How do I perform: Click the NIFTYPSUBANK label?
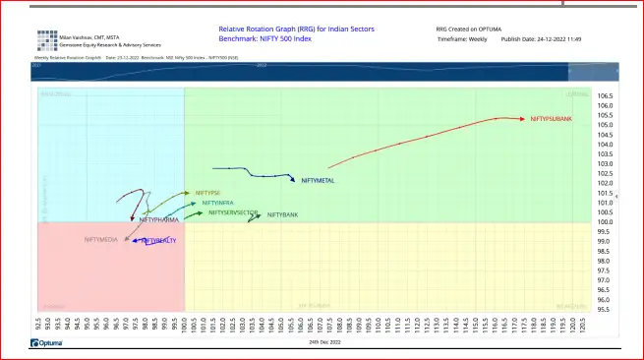point(551,119)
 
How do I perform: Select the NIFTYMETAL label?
point(318,181)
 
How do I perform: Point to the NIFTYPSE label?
point(207,193)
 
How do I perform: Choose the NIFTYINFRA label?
point(218,203)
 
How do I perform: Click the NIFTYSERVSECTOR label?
point(233,212)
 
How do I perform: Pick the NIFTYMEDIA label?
point(102,239)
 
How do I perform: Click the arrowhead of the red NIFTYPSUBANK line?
point(523,119)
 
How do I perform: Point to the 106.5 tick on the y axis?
point(605,95)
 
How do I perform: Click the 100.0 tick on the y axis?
point(605,222)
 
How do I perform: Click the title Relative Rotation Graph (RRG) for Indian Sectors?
point(282,30)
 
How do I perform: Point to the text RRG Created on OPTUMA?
point(473,30)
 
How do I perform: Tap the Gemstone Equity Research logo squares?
point(47,40)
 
